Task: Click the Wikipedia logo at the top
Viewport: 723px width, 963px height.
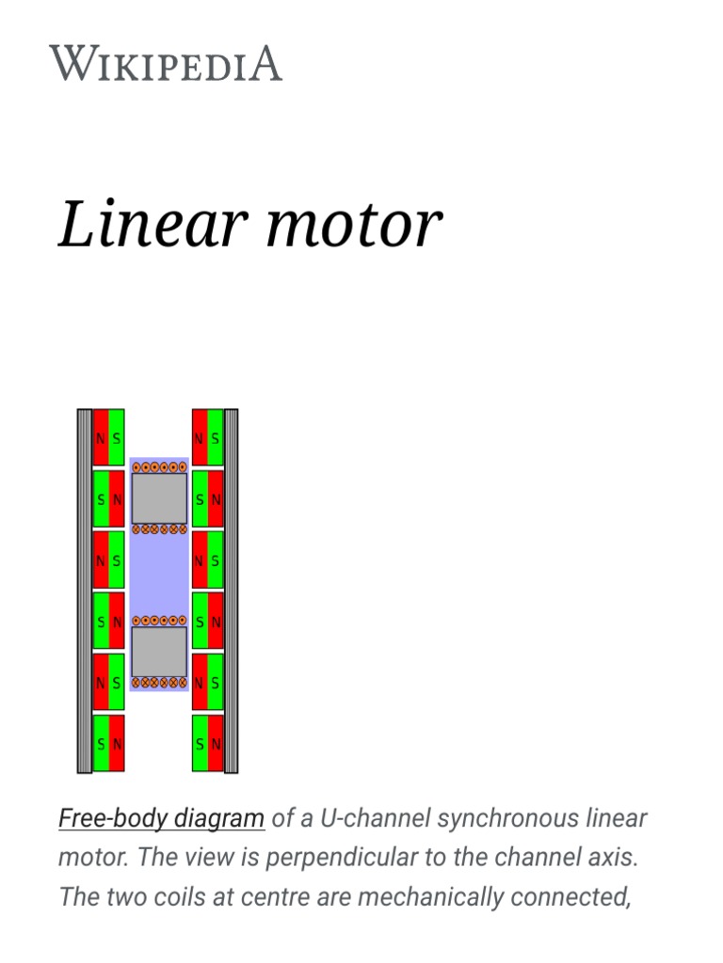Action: point(166,63)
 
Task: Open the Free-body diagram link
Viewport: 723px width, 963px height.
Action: point(161,818)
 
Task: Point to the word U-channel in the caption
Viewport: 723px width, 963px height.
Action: point(370,818)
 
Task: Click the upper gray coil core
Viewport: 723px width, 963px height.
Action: point(159,498)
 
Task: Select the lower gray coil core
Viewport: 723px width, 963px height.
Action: point(159,652)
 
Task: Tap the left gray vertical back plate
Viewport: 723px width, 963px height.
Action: point(84,591)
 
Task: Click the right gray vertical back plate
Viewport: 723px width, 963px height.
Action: point(232,591)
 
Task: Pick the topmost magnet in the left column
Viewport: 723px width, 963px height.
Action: point(108,437)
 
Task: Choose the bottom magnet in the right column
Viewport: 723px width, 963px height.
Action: point(208,743)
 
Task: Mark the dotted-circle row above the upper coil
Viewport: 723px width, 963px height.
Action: point(159,466)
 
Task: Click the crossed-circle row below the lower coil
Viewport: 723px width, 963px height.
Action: point(159,683)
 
